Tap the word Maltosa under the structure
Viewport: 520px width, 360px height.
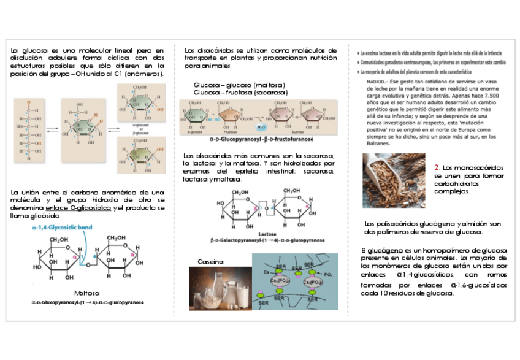86,293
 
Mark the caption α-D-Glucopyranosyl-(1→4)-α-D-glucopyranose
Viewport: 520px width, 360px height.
88,302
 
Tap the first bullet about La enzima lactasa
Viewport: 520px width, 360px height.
429,53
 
